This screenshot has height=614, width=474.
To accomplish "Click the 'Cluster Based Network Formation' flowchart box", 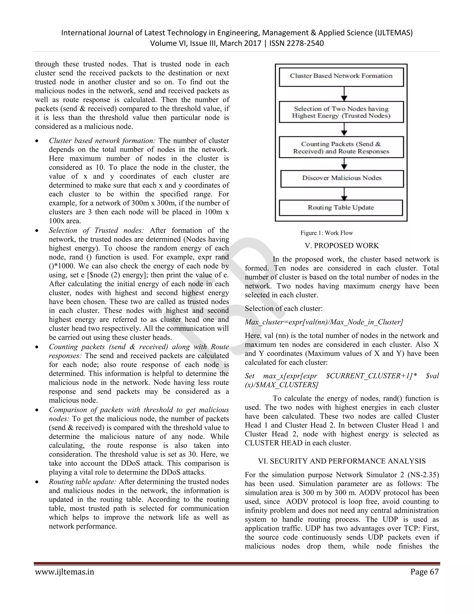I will pyautogui.click(x=341, y=76).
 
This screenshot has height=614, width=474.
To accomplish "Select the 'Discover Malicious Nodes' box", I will pyautogui.click(x=342, y=178).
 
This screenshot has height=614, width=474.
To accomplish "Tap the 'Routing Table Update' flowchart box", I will pyautogui.click(x=341, y=208).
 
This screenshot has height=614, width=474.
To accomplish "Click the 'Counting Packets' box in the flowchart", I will pyautogui.click(x=341, y=148).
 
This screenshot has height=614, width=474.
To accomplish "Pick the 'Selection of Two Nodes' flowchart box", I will pyautogui.click(x=341, y=112).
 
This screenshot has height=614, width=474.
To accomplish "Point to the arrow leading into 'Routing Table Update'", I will pyautogui.click(x=344, y=194).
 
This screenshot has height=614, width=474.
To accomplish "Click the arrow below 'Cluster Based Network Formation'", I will pyautogui.click(x=344, y=94).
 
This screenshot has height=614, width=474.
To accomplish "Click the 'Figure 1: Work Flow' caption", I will pyautogui.click(x=327, y=233).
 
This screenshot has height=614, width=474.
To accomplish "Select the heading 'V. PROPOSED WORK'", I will pyautogui.click(x=342, y=246).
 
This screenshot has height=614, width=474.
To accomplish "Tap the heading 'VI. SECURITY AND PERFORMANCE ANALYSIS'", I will pyautogui.click(x=342, y=461).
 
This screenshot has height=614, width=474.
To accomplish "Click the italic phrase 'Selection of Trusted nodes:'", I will pyautogui.click(x=96, y=230).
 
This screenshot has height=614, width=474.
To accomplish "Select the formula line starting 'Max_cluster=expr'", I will pyautogui.click(x=324, y=322).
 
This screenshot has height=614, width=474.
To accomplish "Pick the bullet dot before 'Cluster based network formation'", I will pyautogui.click(x=37, y=141).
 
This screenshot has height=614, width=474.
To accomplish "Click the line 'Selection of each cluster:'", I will pyautogui.click(x=284, y=308).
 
